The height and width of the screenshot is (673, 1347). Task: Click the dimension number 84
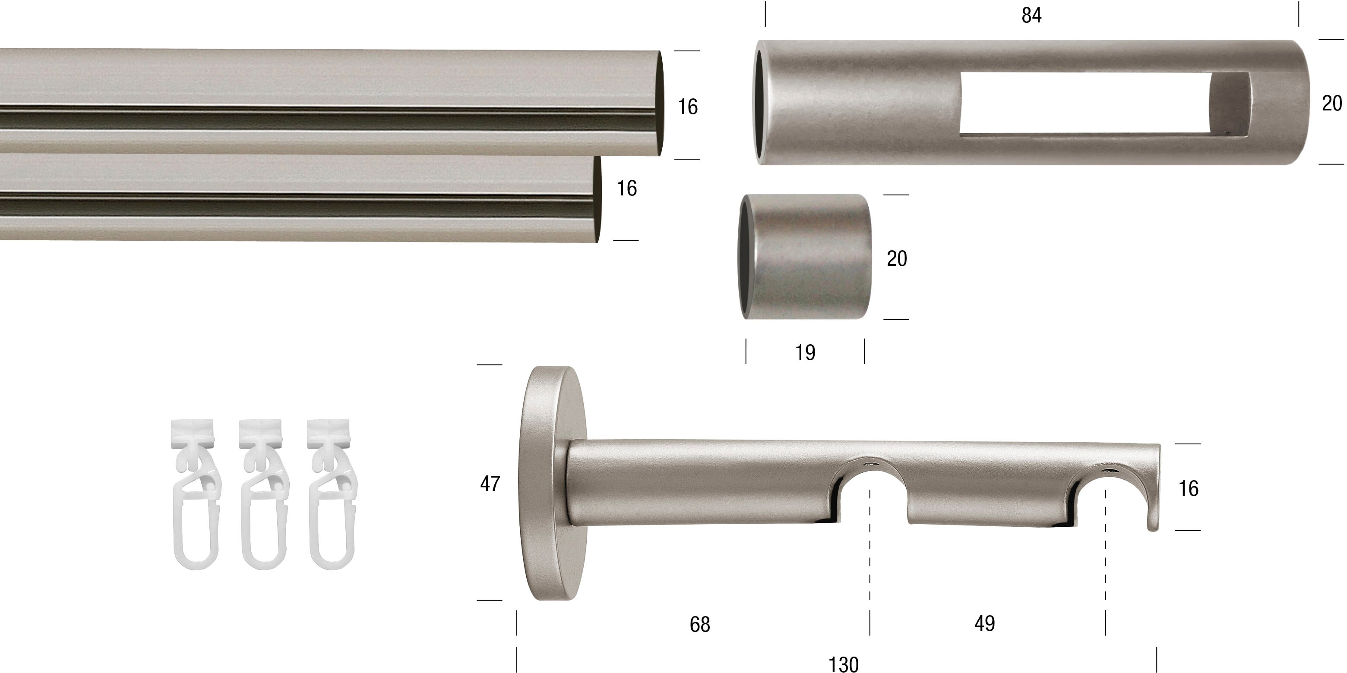(1031, 16)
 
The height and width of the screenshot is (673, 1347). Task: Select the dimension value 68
(700, 624)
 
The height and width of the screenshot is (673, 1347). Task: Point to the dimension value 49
(985, 623)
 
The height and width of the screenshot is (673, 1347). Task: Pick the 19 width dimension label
(805, 353)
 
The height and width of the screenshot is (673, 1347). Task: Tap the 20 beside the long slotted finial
(1332, 104)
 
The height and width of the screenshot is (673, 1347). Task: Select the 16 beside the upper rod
(688, 107)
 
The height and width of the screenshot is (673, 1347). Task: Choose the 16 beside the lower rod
(626, 189)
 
